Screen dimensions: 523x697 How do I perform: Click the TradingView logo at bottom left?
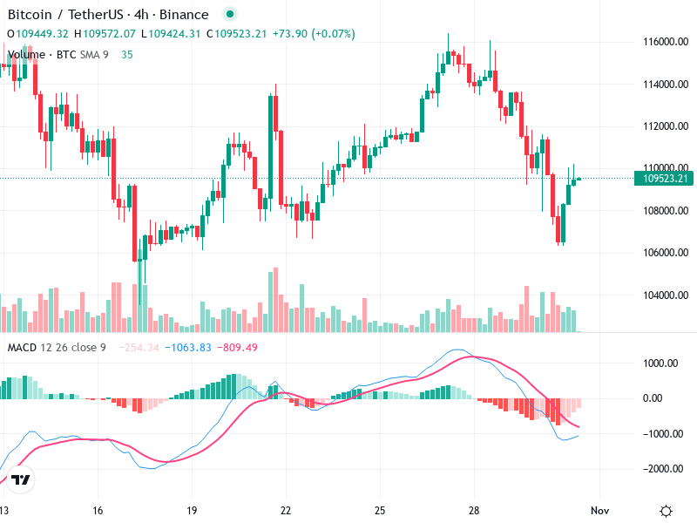coord(22,480)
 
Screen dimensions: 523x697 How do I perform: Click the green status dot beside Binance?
coord(229,15)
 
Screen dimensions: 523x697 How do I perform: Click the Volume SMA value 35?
coord(127,54)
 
